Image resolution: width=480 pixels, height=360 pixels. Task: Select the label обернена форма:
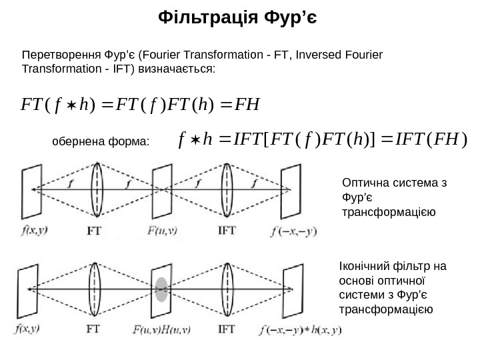101,142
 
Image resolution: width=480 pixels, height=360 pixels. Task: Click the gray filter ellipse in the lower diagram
161,288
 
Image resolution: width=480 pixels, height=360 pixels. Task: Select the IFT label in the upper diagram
227,233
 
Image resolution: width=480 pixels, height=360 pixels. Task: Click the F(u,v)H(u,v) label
161,329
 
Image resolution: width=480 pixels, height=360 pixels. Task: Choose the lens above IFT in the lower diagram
229,288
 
